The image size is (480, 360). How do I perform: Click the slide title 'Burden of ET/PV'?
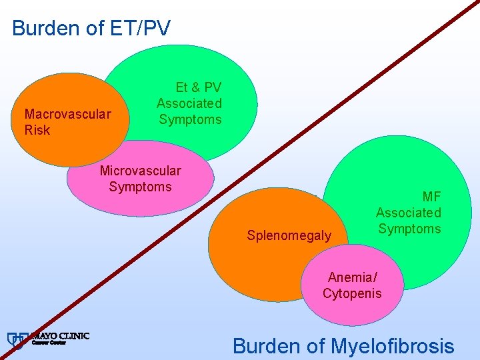coord(91,28)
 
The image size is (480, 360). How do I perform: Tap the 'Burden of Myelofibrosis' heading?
coord(343,346)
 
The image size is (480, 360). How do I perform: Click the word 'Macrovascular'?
coord(67,113)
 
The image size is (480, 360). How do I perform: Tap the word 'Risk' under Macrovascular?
coord(37,130)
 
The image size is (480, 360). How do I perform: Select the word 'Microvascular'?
coord(140,171)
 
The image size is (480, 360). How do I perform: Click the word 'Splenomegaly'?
coord(289,235)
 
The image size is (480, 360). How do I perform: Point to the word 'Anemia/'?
coord(352,277)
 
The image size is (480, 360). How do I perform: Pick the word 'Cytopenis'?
coord(352,293)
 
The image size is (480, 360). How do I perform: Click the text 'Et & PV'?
coord(198,87)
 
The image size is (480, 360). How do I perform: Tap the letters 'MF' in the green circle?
coord(431,197)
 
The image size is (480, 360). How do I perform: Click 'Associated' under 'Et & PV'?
coord(189,103)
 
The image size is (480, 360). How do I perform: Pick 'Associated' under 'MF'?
coord(409,213)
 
